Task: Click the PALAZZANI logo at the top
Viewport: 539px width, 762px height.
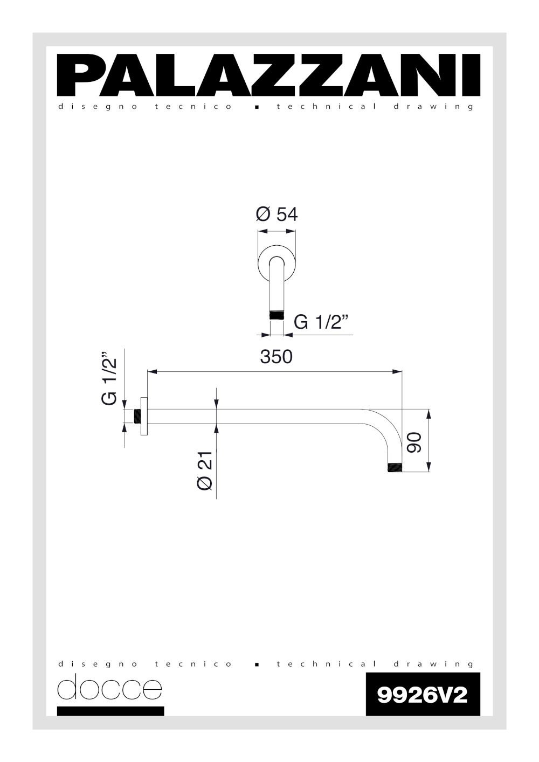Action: point(269,75)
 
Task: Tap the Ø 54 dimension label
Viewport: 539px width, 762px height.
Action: point(277,214)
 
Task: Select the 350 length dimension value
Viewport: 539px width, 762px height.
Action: point(276,357)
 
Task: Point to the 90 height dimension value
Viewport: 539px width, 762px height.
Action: point(414,442)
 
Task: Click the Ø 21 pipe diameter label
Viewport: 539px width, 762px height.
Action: point(205,470)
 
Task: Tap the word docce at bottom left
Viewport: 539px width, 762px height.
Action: point(109,688)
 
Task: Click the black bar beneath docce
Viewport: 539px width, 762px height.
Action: point(110,711)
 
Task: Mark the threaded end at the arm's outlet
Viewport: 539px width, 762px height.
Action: point(395,467)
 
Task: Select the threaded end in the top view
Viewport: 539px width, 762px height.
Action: point(277,315)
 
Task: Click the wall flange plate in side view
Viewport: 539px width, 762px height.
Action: point(144,416)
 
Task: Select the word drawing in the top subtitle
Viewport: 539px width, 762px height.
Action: point(433,107)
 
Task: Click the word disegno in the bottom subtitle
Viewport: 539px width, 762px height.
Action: point(98,664)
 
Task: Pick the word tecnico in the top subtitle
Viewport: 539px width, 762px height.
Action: point(194,107)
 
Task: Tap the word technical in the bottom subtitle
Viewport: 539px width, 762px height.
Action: point(327,664)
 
